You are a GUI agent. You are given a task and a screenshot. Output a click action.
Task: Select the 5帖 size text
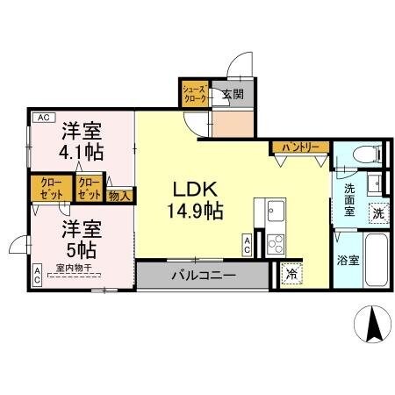coord(82,248)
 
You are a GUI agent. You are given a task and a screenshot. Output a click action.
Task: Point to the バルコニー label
coord(203,275)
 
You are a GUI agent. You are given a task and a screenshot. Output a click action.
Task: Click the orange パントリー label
coord(300,147)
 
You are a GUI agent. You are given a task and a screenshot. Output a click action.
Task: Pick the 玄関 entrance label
coord(233,95)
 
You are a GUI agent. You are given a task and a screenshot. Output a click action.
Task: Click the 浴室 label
coord(347,260)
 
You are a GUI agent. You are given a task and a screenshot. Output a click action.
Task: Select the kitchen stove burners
coord(275,243)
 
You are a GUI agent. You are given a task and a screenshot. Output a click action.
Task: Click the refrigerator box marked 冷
coord(291,274)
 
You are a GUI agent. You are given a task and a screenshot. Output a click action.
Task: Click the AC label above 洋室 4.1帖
coord(42,117)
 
